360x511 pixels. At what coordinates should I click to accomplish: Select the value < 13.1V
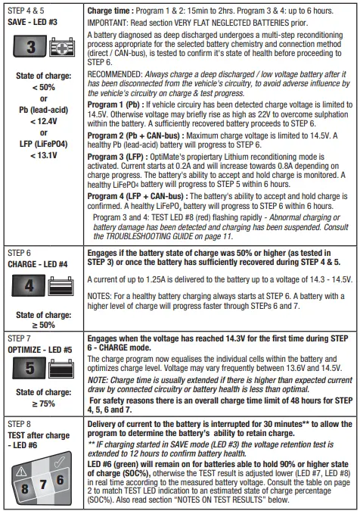point(43,176)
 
